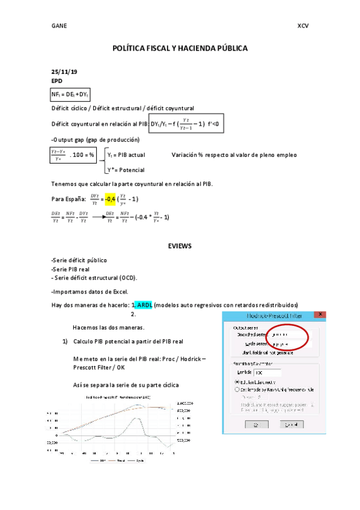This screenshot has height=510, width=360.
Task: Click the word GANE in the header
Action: point(59,26)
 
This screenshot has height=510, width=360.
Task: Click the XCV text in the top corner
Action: point(302,26)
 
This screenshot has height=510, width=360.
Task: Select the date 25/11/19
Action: point(65,72)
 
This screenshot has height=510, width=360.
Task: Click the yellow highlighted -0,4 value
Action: point(109,199)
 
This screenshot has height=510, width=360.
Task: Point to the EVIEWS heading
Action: point(180,245)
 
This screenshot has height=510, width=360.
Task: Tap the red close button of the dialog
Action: point(322,315)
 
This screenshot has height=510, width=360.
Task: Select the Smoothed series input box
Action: point(285,334)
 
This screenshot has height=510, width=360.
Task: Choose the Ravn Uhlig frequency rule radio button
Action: point(237,390)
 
